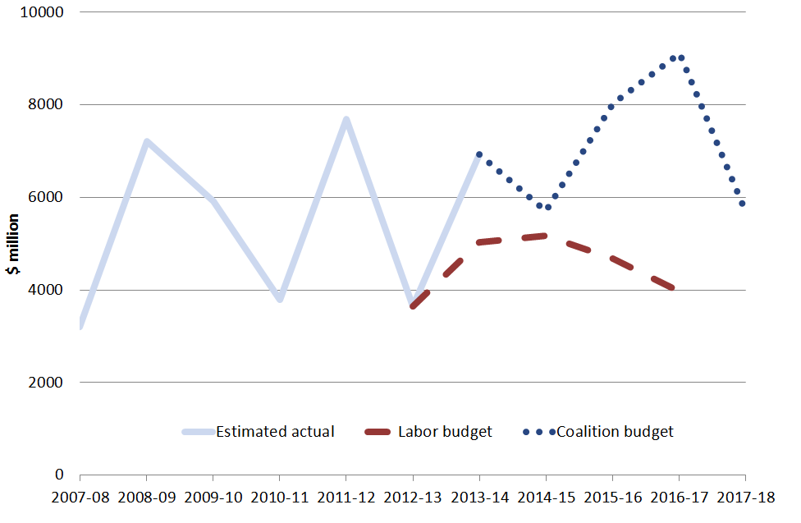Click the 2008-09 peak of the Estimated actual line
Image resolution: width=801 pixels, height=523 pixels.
(x=147, y=141)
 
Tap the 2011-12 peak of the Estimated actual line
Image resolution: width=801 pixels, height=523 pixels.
(x=346, y=120)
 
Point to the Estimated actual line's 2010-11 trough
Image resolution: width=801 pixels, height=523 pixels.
(x=280, y=299)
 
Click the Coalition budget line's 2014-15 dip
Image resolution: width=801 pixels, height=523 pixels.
(x=547, y=207)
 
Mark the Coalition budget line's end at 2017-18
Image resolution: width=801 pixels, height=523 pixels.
(x=743, y=204)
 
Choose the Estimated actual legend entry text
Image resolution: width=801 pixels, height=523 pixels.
(x=275, y=432)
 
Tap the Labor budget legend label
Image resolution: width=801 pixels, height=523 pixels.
(x=445, y=432)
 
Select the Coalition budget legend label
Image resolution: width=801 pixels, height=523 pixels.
(x=615, y=432)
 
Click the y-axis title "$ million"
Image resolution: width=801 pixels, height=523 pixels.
(x=14, y=244)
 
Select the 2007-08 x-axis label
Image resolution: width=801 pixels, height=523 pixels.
(x=80, y=498)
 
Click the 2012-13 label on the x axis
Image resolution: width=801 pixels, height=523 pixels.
(x=413, y=498)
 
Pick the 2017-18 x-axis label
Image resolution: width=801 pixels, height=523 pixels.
(x=745, y=498)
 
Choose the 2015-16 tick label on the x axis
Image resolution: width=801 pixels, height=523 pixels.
(x=612, y=498)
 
